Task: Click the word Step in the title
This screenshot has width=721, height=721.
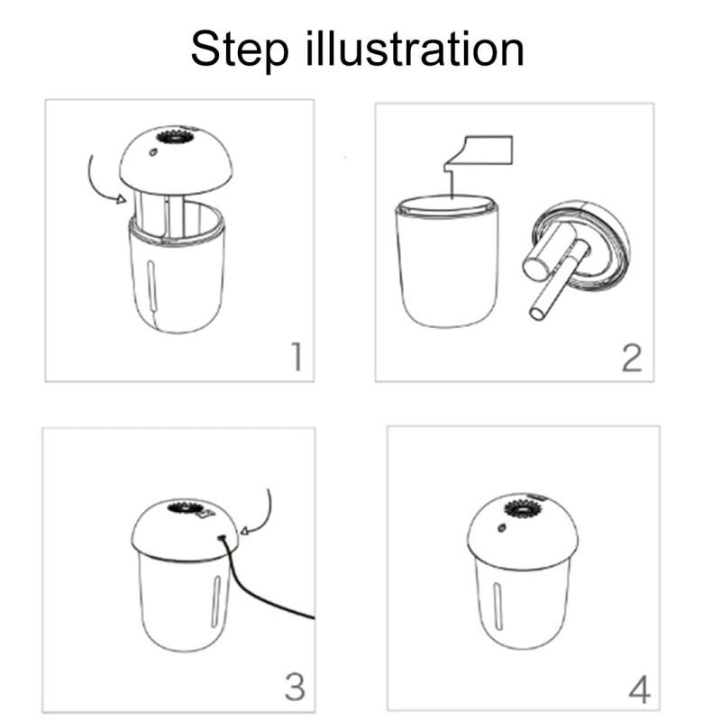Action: coord(240,50)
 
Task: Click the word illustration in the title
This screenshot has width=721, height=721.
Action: coord(415,48)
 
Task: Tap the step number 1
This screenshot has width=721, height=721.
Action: coord(297,356)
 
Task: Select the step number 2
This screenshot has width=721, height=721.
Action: coord(632,358)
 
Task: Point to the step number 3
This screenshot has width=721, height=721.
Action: coord(295,687)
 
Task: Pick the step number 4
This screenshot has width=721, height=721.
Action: coord(639,689)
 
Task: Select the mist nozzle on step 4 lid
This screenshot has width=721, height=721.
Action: coord(524,509)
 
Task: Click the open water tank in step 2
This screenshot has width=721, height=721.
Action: coord(446,261)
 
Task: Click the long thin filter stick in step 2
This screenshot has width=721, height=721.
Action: coord(561,281)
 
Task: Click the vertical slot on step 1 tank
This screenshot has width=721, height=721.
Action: coord(151,286)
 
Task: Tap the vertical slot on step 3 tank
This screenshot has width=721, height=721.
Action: coord(215,601)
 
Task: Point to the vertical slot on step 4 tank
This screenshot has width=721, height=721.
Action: coord(497,606)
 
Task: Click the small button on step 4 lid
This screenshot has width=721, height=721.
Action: coord(502,528)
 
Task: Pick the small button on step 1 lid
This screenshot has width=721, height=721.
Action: coord(153,151)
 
